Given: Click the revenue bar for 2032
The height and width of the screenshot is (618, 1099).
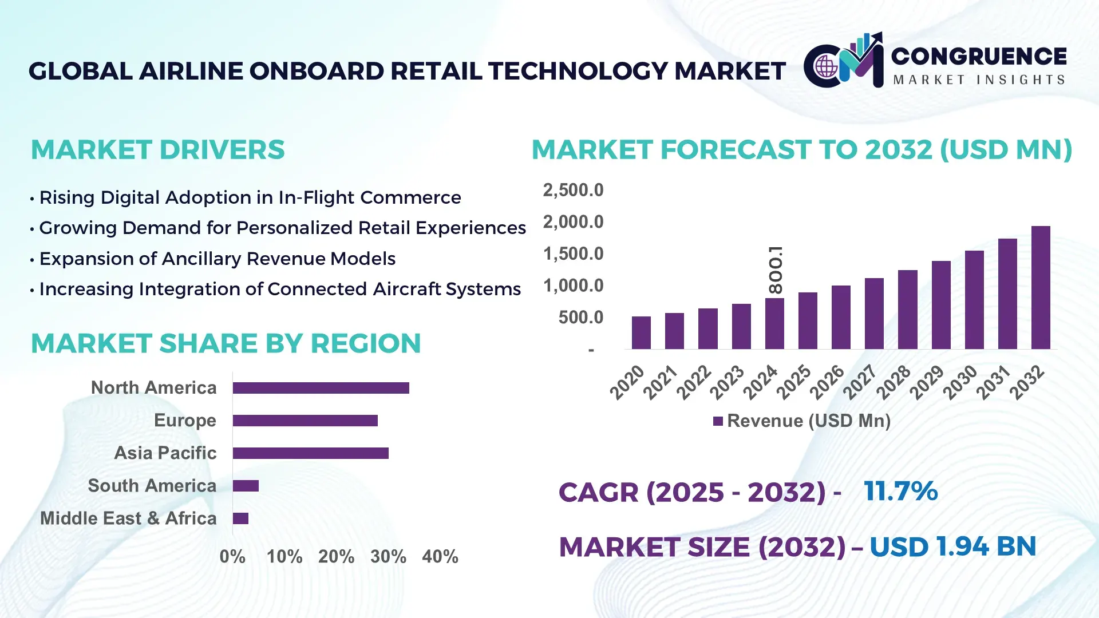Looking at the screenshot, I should (1041, 287).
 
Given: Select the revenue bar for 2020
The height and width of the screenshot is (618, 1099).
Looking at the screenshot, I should (641, 332).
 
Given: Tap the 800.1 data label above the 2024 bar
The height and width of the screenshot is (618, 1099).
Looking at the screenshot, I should (776, 270).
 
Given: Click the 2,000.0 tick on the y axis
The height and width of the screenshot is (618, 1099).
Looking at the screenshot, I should (573, 222).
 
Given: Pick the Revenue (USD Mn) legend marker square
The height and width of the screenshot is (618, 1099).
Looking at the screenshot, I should (718, 421).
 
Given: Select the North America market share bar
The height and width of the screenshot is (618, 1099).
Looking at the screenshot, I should (321, 388).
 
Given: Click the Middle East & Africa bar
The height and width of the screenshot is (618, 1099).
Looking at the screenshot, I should (240, 518).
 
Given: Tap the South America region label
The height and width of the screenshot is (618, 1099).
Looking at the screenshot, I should (152, 486).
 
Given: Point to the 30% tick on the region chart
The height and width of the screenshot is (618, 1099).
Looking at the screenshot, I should (388, 556).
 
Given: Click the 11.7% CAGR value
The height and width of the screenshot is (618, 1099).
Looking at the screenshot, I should (900, 491).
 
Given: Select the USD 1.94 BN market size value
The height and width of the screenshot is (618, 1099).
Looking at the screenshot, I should (952, 546).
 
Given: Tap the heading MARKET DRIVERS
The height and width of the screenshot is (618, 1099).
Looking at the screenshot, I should (157, 150).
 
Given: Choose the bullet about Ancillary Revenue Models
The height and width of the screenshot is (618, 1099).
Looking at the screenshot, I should (217, 259).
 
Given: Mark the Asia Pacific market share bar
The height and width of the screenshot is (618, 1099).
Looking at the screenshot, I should (310, 453).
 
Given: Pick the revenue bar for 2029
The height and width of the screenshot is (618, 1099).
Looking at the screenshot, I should (941, 305).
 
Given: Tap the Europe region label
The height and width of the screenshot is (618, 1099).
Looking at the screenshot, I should (185, 421).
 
